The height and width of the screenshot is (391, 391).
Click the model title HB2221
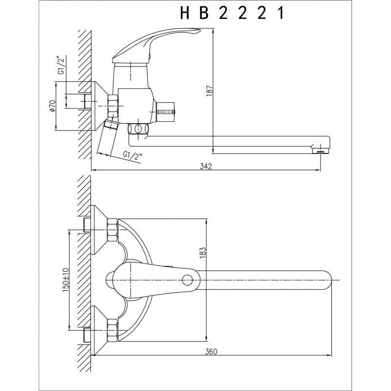tap(232, 13)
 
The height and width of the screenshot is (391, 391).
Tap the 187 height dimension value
tap(210, 91)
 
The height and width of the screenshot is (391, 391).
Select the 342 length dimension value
tap(206, 166)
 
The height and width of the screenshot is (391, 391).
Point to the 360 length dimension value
tap(211, 351)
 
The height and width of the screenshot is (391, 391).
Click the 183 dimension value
tap(202, 253)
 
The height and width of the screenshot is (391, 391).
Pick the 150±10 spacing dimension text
tap(65, 280)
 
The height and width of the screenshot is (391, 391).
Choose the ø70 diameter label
tap(52, 106)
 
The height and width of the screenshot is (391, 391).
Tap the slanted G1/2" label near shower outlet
tap(132, 155)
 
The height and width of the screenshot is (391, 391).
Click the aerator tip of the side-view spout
tap(321, 151)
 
